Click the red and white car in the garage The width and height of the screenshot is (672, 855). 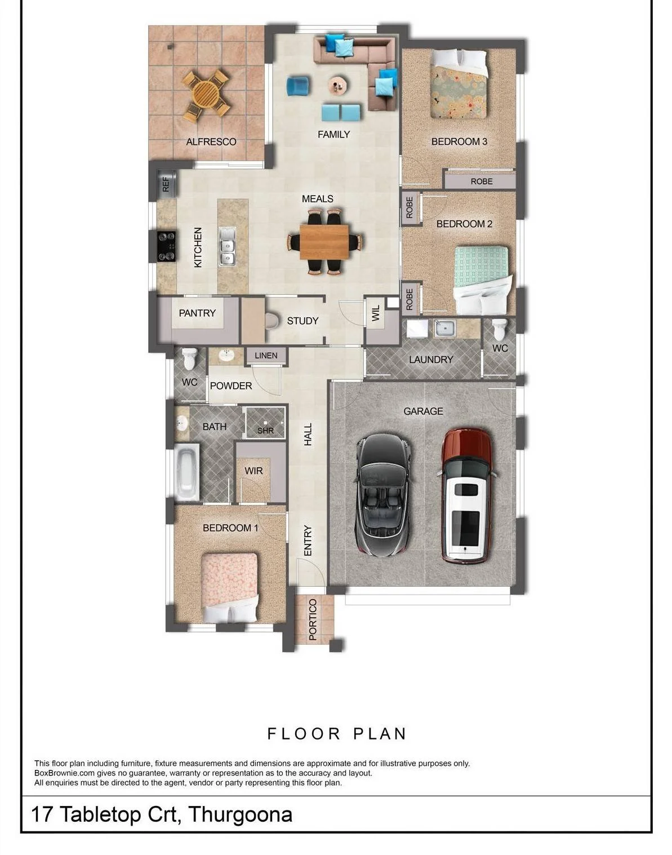(466, 496)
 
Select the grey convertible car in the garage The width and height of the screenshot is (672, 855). (382, 495)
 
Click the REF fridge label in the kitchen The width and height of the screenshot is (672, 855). (166, 184)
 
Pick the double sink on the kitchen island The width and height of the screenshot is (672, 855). (227, 246)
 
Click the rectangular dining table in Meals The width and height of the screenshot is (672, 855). (324, 242)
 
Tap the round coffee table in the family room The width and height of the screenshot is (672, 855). (337, 85)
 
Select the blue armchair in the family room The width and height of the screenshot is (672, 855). (299, 86)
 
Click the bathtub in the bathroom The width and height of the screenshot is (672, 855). (186, 472)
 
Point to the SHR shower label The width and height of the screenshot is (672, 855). (265, 430)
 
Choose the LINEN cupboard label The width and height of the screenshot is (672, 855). (266, 356)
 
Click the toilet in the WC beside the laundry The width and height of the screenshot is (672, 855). (499, 329)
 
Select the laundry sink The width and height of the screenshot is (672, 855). (444, 329)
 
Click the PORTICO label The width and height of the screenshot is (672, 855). (313, 619)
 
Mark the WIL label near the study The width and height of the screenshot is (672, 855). (376, 313)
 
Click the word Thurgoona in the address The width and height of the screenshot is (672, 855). (241, 814)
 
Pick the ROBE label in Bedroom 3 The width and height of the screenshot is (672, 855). (482, 181)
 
